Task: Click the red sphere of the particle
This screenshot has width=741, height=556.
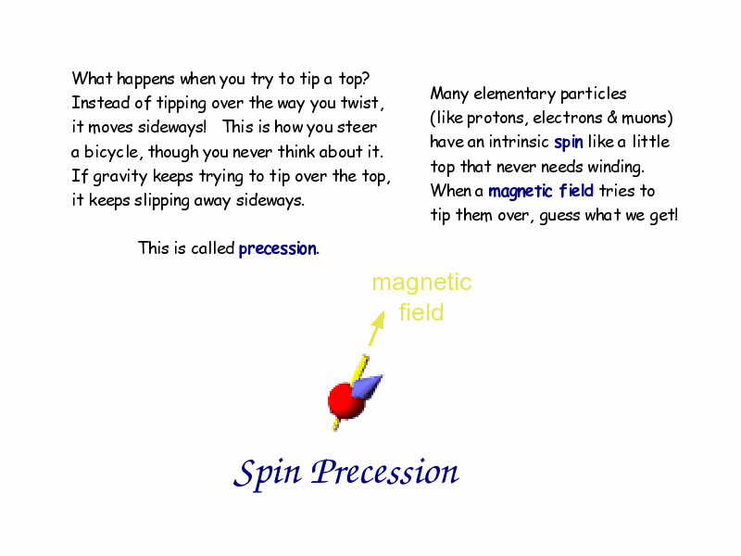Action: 345,401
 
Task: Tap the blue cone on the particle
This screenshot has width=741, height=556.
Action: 367,386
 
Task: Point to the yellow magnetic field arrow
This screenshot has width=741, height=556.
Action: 377,328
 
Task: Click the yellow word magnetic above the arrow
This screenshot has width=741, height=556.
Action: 421,284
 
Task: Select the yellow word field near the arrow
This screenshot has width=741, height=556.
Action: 421,312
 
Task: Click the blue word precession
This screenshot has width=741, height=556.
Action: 277,248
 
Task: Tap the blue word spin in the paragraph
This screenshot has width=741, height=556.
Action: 569,143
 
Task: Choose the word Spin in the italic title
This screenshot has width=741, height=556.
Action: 268,473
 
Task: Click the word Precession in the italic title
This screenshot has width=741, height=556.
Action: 384,472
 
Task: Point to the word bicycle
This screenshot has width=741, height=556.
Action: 112,152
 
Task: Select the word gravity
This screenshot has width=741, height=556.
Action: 120,177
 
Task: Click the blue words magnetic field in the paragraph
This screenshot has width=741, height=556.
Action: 541,192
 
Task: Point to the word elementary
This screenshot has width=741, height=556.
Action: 515,95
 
